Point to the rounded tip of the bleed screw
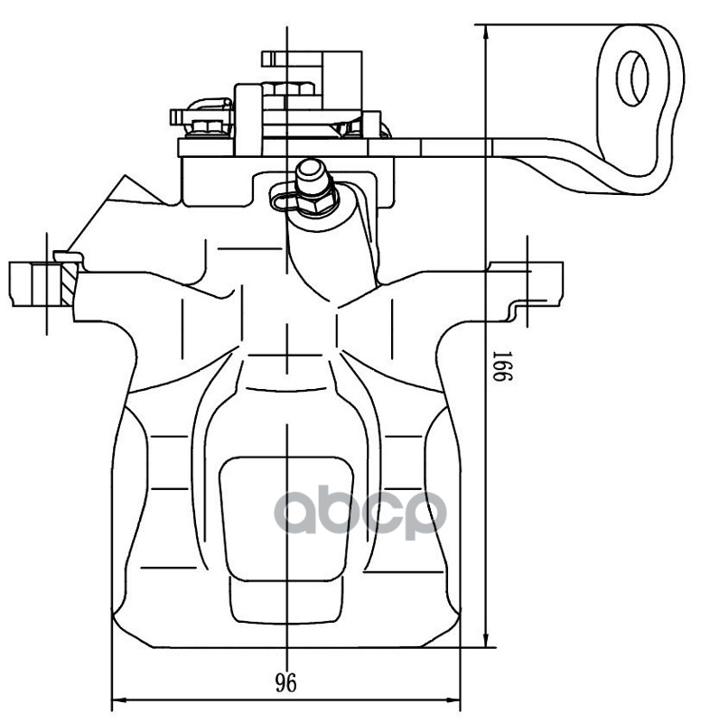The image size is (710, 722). pos(311,167)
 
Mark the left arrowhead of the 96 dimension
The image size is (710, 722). pos(117,700)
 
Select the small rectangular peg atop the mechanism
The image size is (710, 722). pos(268,59)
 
